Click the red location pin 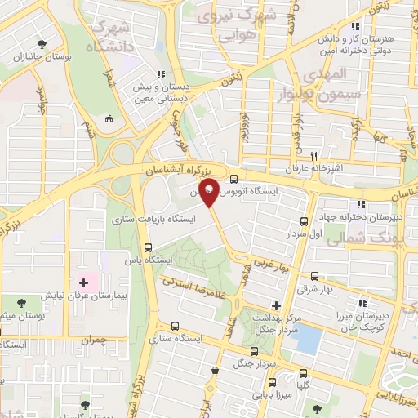coord(210,192)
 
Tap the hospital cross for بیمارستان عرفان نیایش coord(83,282)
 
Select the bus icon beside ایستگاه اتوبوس coord(234,180)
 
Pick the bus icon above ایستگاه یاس coord(148,248)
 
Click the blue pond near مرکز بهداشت coord(306,339)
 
